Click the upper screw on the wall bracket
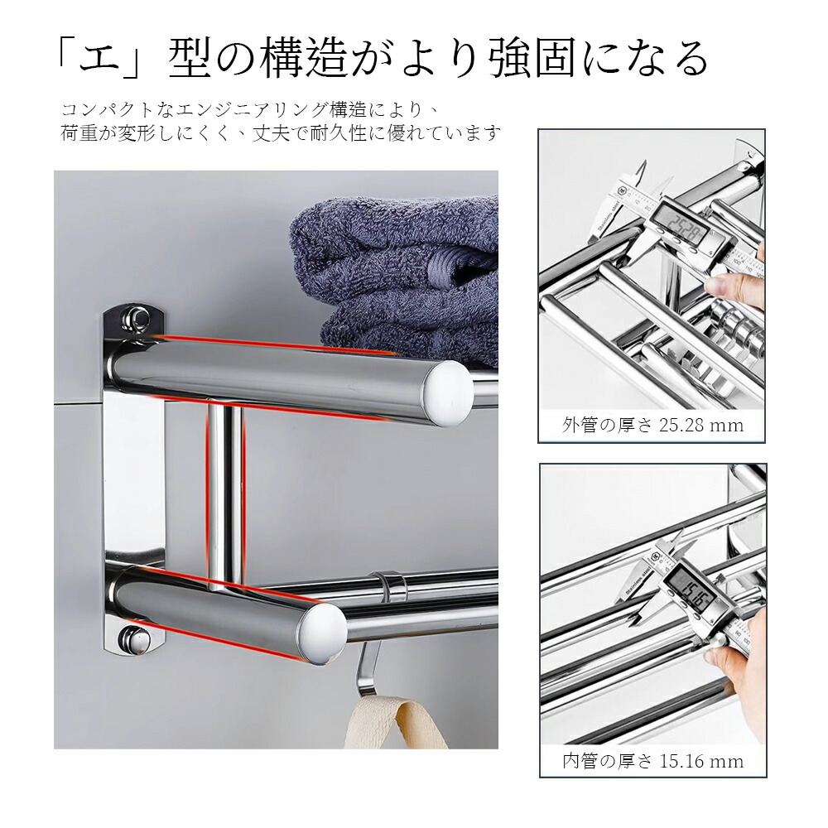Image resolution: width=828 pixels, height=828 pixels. (135, 319)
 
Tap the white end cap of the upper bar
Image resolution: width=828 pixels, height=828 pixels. (450, 393)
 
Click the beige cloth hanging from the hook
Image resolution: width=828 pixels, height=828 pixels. (397, 721)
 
